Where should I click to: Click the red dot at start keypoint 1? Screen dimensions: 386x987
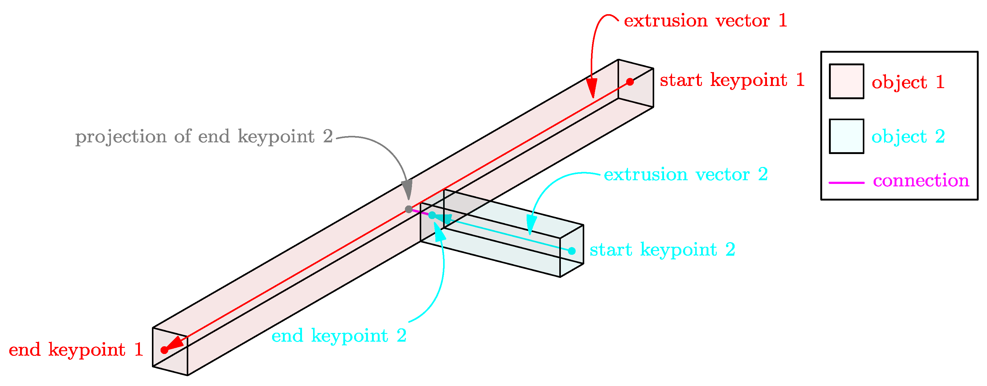pos(630,82)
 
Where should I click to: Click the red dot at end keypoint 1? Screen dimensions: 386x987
pos(164,350)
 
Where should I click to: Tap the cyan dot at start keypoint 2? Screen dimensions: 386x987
pos(572,251)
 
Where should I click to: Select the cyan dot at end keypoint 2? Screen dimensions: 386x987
pos(432,215)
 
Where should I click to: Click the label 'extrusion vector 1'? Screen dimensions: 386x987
pos(705,21)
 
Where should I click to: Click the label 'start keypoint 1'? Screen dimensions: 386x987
pos(732,80)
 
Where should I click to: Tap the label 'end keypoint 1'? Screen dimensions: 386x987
pos(76,350)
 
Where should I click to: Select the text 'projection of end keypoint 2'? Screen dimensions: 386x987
pos(204,137)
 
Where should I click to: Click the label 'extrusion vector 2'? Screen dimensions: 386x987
pos(686,175)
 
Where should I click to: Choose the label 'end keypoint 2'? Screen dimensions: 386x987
pos(339,336)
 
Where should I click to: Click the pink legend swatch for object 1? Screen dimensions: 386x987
pos(846,81)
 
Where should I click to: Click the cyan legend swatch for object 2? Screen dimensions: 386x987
pos(846,136)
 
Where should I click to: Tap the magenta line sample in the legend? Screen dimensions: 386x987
pos(846,183)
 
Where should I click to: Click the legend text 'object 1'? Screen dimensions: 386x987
pos(908,82)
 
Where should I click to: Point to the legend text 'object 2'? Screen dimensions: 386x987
pos(908,137)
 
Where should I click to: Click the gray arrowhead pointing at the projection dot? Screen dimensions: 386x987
pos(407,189)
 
